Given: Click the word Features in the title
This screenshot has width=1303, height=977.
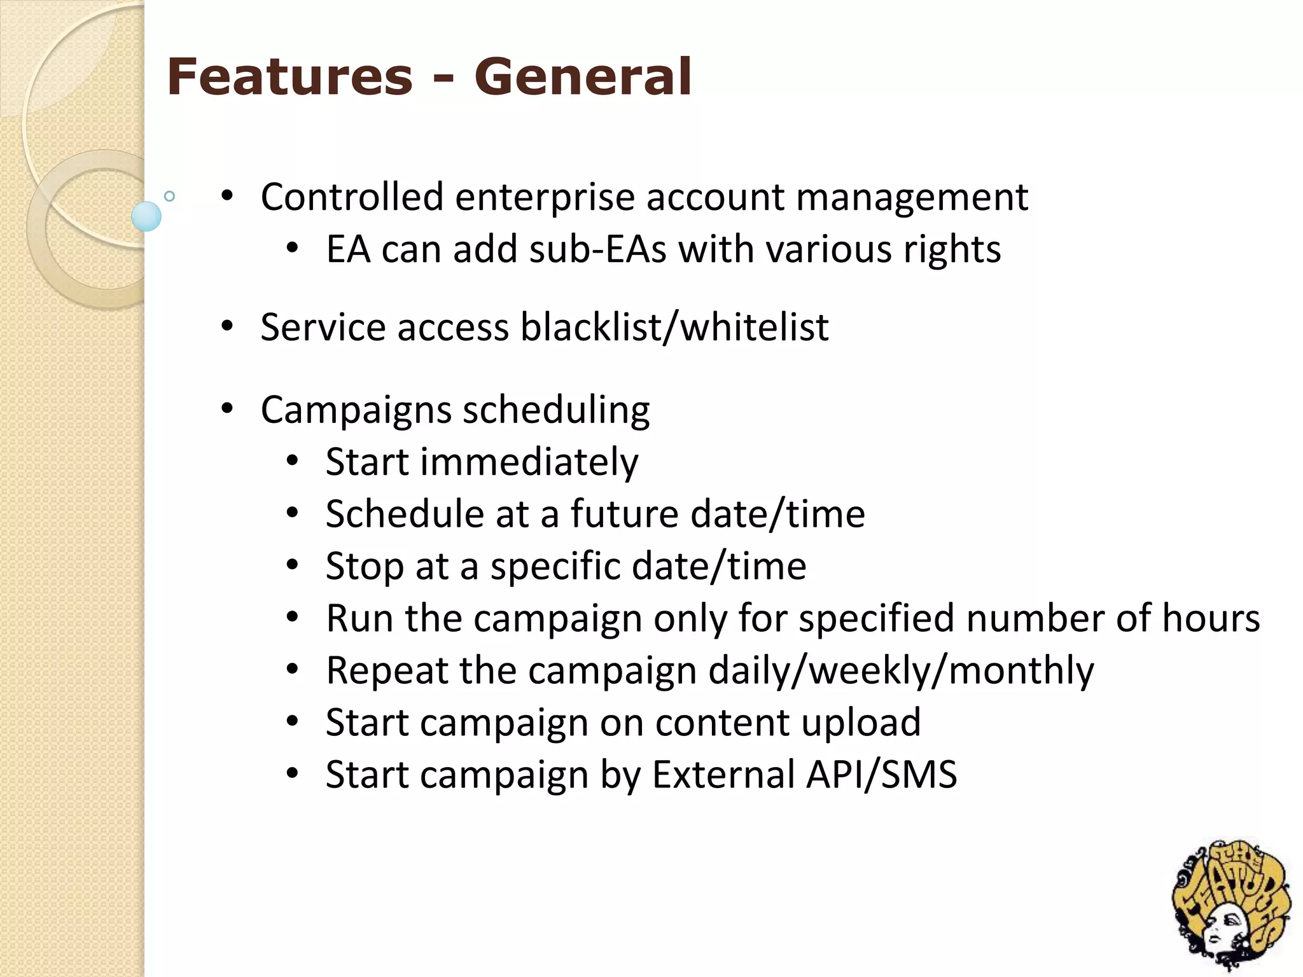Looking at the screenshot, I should click(x=289, y=78).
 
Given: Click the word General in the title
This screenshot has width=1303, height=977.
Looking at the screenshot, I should click(x=583, y=78).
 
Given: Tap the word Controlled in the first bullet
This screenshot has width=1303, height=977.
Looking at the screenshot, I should click(x=352, y=197).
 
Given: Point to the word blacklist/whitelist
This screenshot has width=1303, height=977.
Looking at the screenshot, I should click(x=674, y=328).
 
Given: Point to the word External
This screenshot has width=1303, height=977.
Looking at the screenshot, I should click(x=723, y=775).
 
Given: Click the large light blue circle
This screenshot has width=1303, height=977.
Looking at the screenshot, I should click(x=146, y=216).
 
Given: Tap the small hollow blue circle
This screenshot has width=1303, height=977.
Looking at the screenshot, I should click(x=169, y=196).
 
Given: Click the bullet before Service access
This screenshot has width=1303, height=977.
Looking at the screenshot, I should click(x=227, y=328).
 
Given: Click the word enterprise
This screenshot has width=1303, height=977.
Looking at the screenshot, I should click(x=545, y=197).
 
